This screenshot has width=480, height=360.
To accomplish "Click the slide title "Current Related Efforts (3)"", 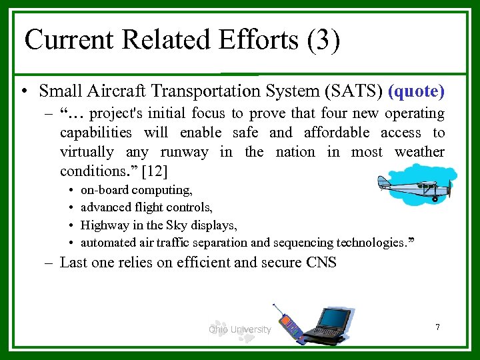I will click(x=182, y=40).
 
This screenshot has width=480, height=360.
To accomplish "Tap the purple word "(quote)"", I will click(x=416, y=90).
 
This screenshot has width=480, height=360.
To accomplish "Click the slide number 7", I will click(x=437, y=327).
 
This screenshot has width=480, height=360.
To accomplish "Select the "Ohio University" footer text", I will click(x=239, y=329).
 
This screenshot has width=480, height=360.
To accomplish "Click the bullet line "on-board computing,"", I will click(x=136, y=191).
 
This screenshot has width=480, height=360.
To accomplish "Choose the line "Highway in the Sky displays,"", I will click(x=158, y=225).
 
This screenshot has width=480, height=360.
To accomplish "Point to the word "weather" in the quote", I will click(x=419, y=152).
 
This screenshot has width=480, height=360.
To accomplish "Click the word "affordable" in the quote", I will click(x=336, y=133).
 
